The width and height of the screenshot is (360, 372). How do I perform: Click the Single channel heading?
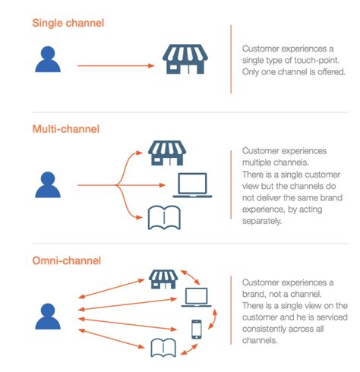pyautogui.click(x=68, y=24)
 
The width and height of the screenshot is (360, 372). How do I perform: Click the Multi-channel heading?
pyautogui.click(x=66, y=129)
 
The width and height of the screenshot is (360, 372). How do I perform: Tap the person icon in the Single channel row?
pyautogui.click(x=48, y=60)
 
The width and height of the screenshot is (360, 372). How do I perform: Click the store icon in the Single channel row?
pyautogui.click(x=185, y=59)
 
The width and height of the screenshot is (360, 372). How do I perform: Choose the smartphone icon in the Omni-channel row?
pyautogui.click(x=196, y=328)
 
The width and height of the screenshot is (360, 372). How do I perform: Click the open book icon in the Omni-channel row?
pyautogui.click(x=165, y=348)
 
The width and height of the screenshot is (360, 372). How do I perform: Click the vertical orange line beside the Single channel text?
pyautogui.click(x=230, y=59)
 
